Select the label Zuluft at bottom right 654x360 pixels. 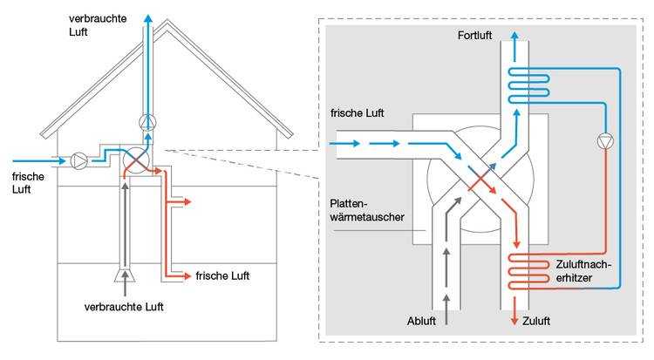pos(538,321)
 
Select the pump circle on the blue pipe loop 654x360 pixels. pos(603,141)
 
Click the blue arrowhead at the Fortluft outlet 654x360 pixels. pos(515,36)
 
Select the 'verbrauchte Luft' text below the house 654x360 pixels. pos(124,307)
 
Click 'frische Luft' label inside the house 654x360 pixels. pos(222,275)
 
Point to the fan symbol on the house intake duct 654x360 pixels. pos(80,160)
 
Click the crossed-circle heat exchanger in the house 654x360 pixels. pos(135,160)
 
